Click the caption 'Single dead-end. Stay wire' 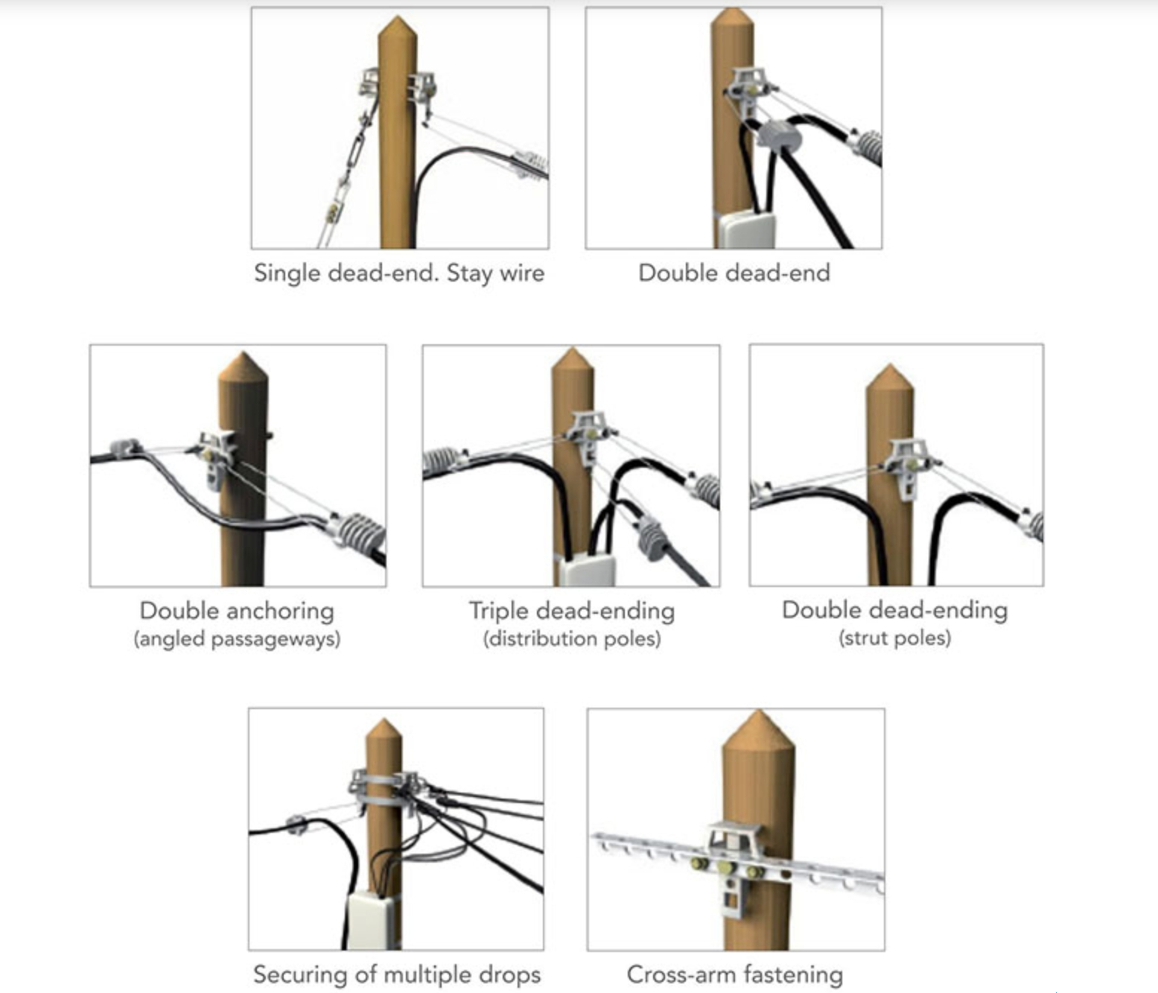tap(399, 273)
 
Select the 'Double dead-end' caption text tap(734, 273)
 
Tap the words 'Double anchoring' tap(237, 611)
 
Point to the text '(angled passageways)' tap(237, 639)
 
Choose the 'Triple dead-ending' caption tap(572, 611)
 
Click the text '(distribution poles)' tap(572, 639)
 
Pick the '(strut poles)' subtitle tap(894, 638)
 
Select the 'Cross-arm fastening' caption tap(735, 974)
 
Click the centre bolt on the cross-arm tap(725, 869)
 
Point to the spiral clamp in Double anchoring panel tap(359, 533)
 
